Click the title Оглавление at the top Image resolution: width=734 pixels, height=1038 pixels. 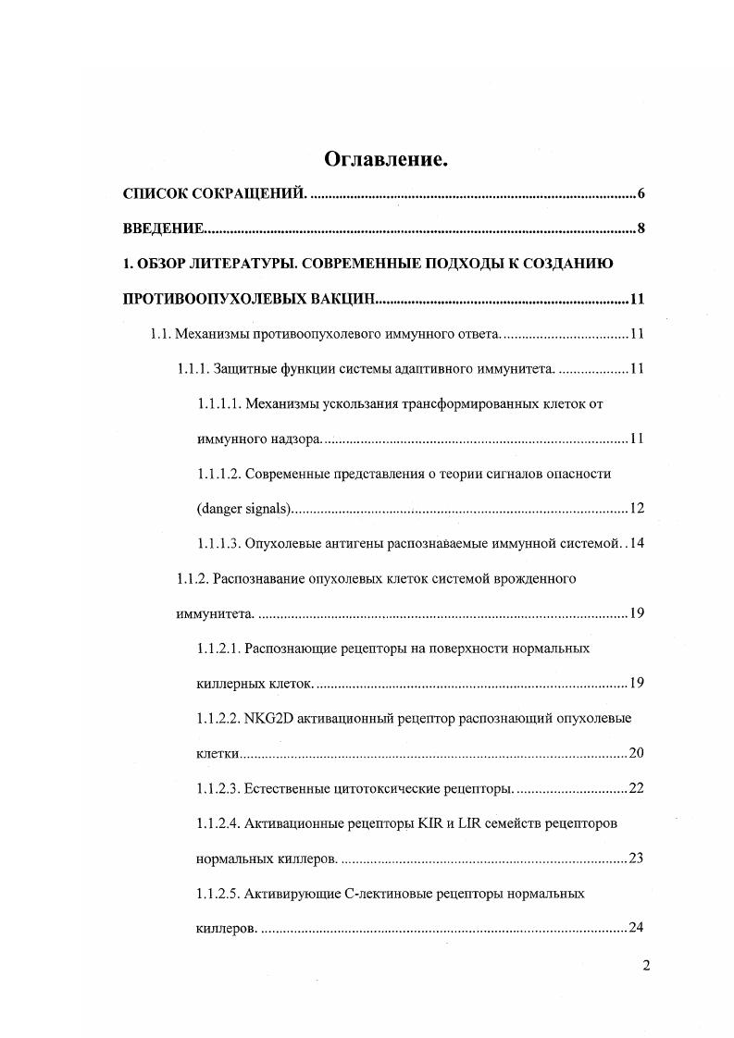pyautogui.click(x=386, y=160)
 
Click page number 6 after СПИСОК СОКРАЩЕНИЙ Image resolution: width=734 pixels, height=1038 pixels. pyautogui.click(x=641, y=194)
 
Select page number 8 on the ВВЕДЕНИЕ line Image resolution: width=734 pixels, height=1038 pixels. pyautogui.click(x=641, y=229)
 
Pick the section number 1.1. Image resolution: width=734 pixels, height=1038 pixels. pyautogui.click(x=162, y=334)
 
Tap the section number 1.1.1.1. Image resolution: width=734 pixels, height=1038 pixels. pyautogui.click(x=219, y=404)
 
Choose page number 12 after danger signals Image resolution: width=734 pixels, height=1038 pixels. pyautogui.click(x=636, y=509)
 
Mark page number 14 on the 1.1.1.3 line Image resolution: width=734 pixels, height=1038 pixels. pyautogui.click(x=636, y=543)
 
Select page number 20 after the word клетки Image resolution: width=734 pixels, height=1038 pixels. pyautogui.click(x=636, y=753)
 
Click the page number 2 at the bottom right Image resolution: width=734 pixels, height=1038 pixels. pyautogui.click(x=646, y=967)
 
